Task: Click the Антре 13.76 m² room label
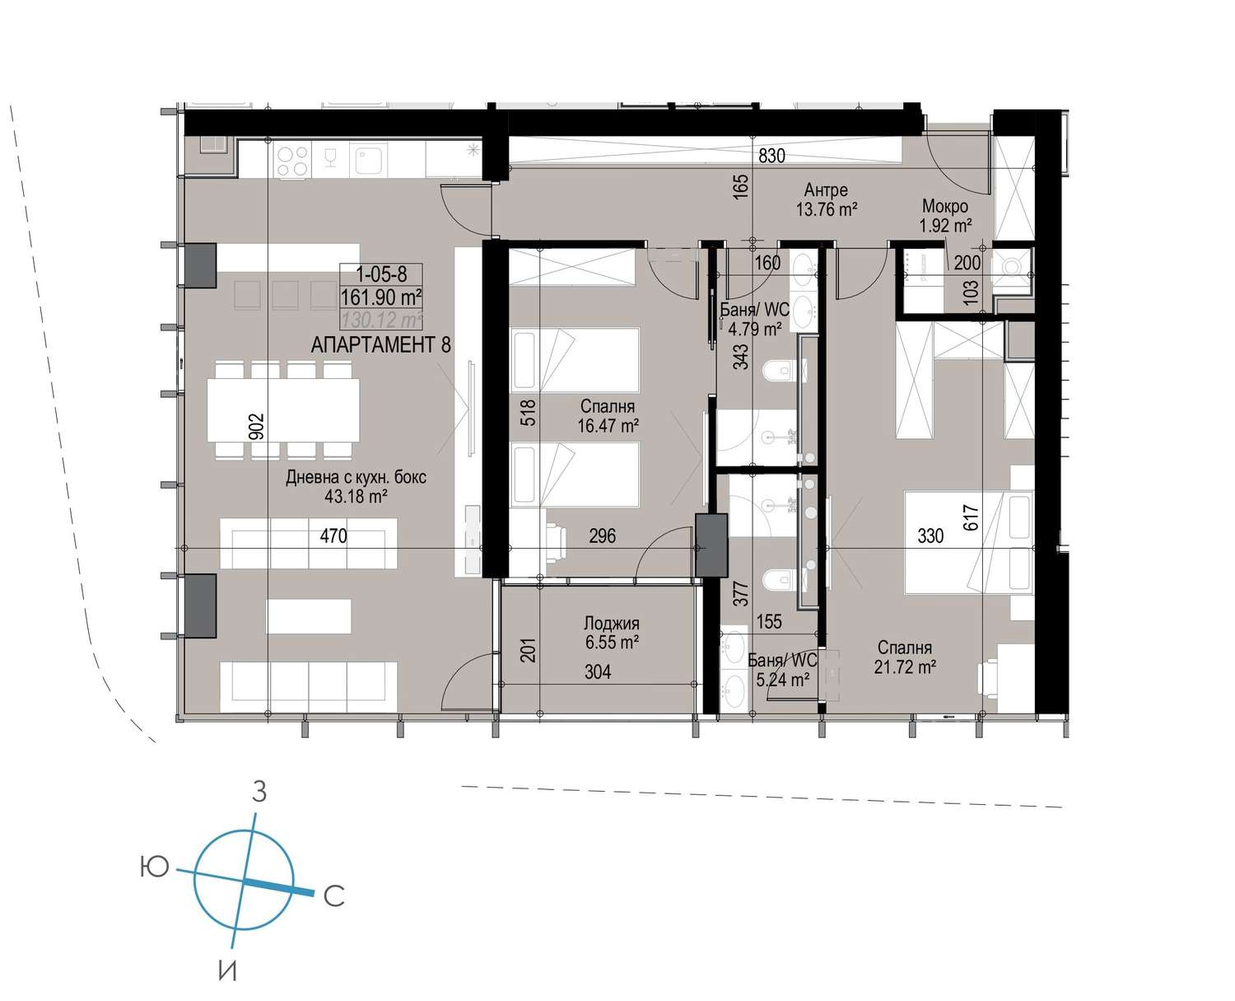point(826,199)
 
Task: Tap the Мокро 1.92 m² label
point(945,215)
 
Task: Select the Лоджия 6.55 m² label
point(611,633)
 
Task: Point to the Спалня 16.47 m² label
point(608,415)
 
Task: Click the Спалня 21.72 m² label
point(905,657)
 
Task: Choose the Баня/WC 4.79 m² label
point(754,319)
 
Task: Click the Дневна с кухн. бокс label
point(356,477)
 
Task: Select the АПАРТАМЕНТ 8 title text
point(380,344)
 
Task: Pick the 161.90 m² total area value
point(381,297)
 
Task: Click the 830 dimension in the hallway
point(771,156)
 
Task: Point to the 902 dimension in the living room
point(257,426)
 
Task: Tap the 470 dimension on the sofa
point(333,535)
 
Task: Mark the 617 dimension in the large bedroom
point(971,517)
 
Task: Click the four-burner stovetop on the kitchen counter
point(292,160)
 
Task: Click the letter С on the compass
point(334,896)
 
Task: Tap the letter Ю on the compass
point(154,867)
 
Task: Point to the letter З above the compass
point(259,792)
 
